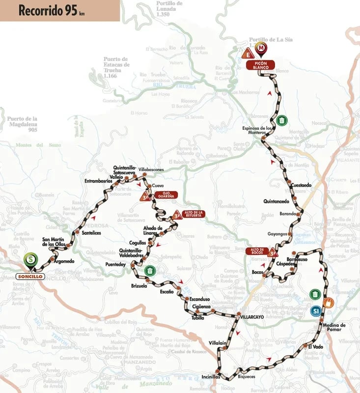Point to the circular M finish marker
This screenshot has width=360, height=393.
tap(262, 48)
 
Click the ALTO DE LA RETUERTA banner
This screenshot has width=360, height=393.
tap(195, 214)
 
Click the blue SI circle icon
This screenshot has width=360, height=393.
tap(316, 311)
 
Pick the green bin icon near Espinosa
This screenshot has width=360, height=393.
tap(281, 120)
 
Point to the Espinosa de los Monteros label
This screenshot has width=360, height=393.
tap(257, 130)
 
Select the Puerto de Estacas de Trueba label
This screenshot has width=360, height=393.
tap(116, 67)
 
